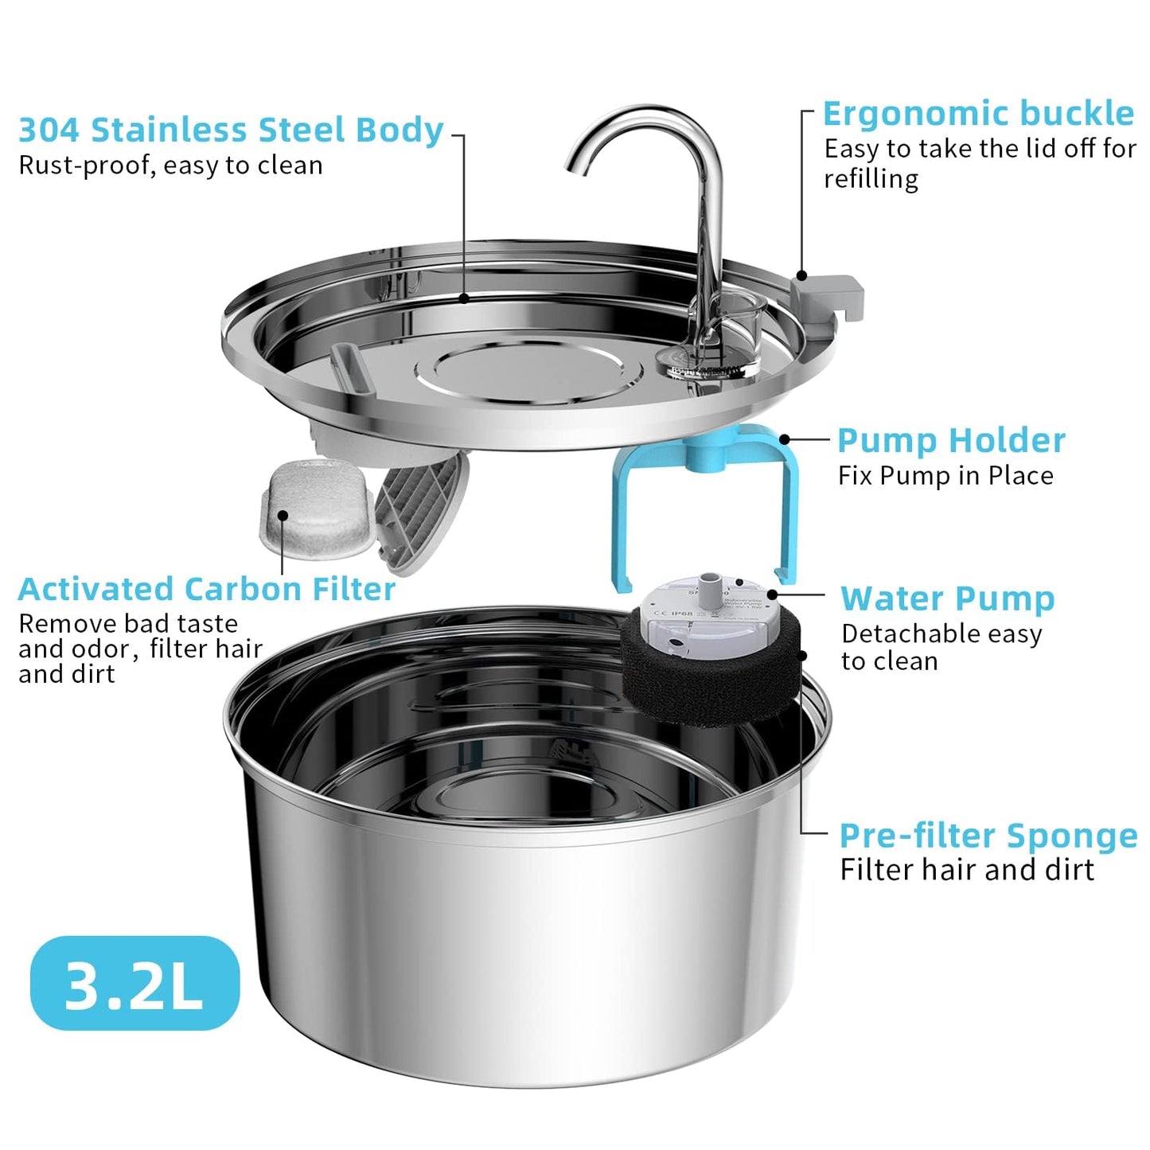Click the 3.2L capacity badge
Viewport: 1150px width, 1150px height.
point(134,984)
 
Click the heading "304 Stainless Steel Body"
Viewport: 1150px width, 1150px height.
point(231,131)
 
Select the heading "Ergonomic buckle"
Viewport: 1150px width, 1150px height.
point(978,114)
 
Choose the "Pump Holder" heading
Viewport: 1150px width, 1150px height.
point(951,441)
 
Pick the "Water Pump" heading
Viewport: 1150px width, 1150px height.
point(947,598)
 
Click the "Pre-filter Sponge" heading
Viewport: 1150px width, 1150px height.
point(988,836)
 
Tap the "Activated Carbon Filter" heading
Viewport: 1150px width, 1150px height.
point(206,590)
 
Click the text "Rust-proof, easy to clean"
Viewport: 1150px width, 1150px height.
point(170,166)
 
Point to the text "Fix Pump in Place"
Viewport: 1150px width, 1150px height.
point(945,476)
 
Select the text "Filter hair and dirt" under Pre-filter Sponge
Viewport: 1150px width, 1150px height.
point(967,870)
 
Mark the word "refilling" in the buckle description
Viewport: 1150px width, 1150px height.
point(871,179)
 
